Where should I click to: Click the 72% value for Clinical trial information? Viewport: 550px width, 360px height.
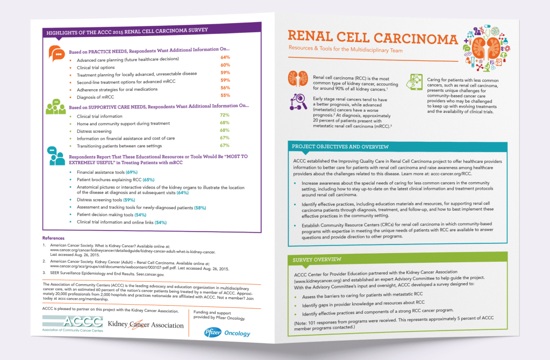[225, 115]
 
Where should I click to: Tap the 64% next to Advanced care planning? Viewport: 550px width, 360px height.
[225, 57]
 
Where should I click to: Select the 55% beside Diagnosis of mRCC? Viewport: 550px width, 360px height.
[225, 95]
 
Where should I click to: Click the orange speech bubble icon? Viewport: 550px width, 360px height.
[56, 52]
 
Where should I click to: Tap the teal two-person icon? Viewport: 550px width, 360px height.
[56, 156]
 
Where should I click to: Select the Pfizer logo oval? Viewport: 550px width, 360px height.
[210, 332]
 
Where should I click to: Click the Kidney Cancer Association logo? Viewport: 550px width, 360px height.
[146, 325]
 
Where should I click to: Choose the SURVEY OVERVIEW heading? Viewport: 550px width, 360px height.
[313, 260]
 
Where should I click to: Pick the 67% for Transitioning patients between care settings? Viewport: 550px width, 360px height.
[225, 145]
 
